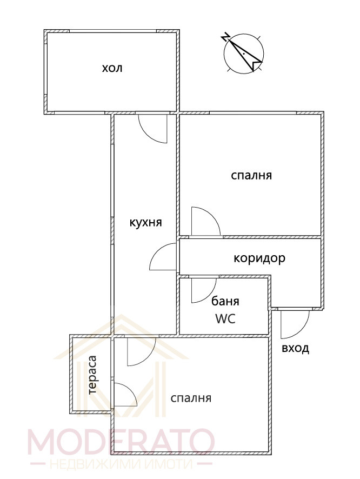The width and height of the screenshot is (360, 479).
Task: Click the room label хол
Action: [x=112, y=69]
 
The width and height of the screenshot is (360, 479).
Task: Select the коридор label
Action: [x=259, y=258]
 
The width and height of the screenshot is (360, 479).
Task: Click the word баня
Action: [x=225, y=301]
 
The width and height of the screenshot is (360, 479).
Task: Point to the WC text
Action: [x=225, y=319]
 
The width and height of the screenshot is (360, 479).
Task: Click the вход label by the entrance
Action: [x=295, y=348]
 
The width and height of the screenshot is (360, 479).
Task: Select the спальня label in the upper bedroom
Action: [x=251, y=175]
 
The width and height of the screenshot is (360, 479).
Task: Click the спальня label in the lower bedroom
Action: [x=190, y=398]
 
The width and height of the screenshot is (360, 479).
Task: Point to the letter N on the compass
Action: [x=226, y=38]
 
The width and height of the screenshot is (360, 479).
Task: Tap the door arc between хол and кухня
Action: [x=153, y=129]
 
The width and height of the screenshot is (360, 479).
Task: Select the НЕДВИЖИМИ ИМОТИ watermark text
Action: [x=119, y=464]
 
